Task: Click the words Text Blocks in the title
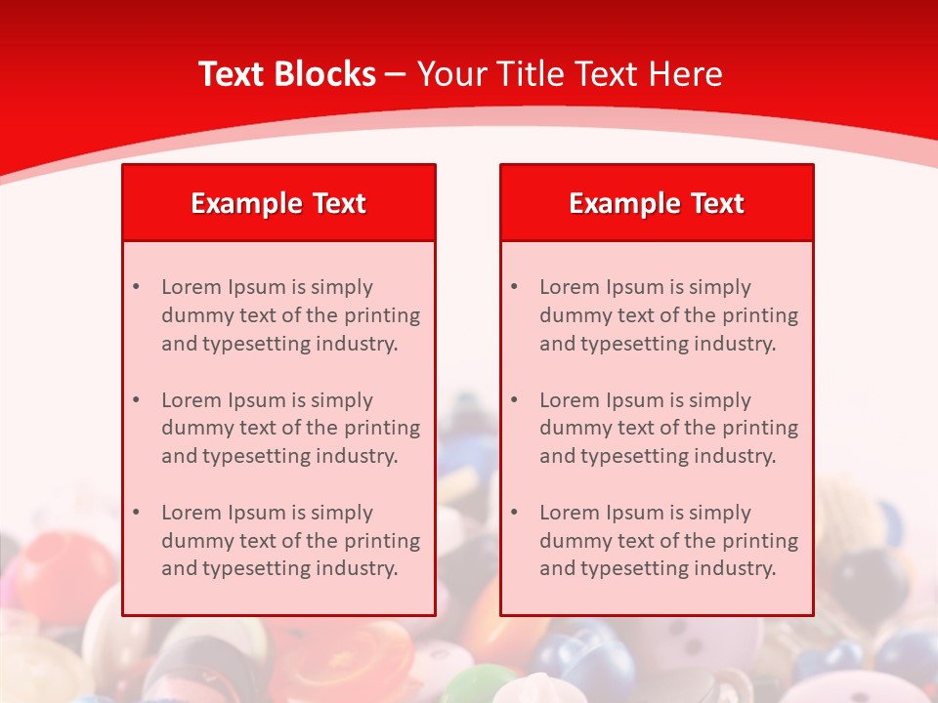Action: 287,74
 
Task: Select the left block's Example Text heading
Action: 278,203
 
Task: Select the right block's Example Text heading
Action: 657,203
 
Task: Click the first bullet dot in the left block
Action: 136,287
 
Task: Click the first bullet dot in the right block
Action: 514,287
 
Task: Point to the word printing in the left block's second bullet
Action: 382,428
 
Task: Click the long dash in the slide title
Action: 396,74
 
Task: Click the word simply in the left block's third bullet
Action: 342,513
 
